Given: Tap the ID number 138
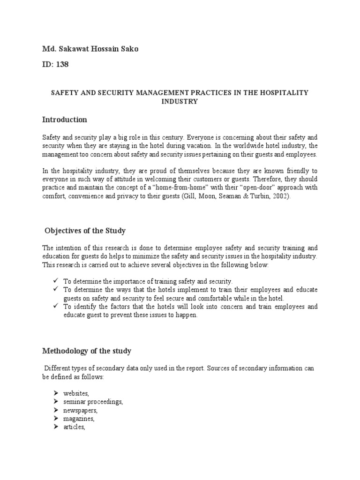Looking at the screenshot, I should pos(62,65).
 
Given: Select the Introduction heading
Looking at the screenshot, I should pos(64,120).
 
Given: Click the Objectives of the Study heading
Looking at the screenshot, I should pos(85,231).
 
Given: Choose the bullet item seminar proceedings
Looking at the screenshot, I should pos(93,402).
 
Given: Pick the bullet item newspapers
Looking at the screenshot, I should pos(80,410).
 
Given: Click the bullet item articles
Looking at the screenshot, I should pos(75,427).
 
